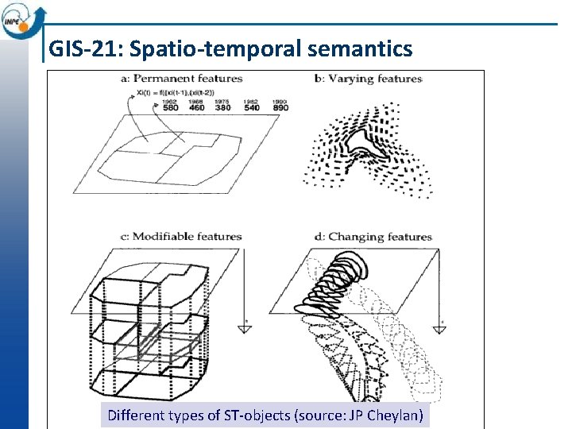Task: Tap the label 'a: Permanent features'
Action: coord(182,79)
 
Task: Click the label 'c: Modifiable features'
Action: coord(180,236)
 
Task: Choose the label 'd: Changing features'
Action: coord(369,236)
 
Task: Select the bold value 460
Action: coord(196,109)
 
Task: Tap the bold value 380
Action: coord(223,109)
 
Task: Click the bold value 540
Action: coord(251,109)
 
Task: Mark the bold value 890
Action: coord(280,109)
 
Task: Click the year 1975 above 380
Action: coord(222,102)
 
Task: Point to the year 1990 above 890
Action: coord(279,102)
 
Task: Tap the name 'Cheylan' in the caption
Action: coord(398,415)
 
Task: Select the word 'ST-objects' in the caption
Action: coord(261,415)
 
